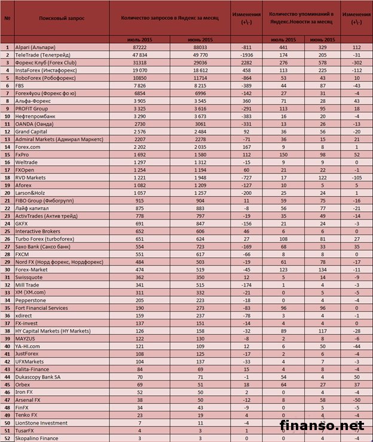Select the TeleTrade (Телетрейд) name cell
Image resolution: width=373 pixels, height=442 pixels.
tap(42, 54)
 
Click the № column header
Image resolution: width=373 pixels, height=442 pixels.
tap(7, 19)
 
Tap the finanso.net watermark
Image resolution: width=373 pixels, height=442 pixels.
tap(325, 426)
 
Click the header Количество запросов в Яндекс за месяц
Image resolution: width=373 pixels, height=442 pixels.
tap(170, 19)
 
